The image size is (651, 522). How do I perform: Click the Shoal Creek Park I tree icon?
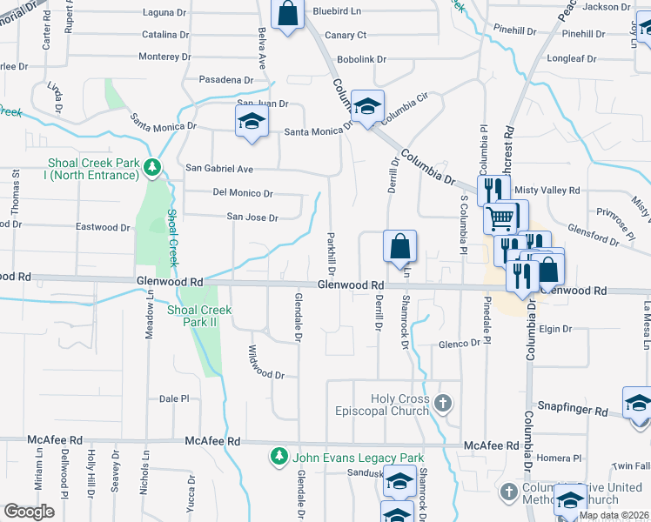152,166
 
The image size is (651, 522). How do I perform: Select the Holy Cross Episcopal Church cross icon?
444,403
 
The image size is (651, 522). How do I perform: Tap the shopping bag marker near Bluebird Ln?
288,14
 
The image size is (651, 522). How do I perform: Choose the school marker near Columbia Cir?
368,107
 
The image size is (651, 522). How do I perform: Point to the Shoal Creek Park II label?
199,316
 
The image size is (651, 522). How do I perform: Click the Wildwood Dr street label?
266,374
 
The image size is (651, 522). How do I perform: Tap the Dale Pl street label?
174,398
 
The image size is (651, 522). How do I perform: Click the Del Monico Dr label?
243,193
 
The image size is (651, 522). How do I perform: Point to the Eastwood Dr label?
103,227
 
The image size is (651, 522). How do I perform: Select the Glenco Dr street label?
459,344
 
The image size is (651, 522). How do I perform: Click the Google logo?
30,512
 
